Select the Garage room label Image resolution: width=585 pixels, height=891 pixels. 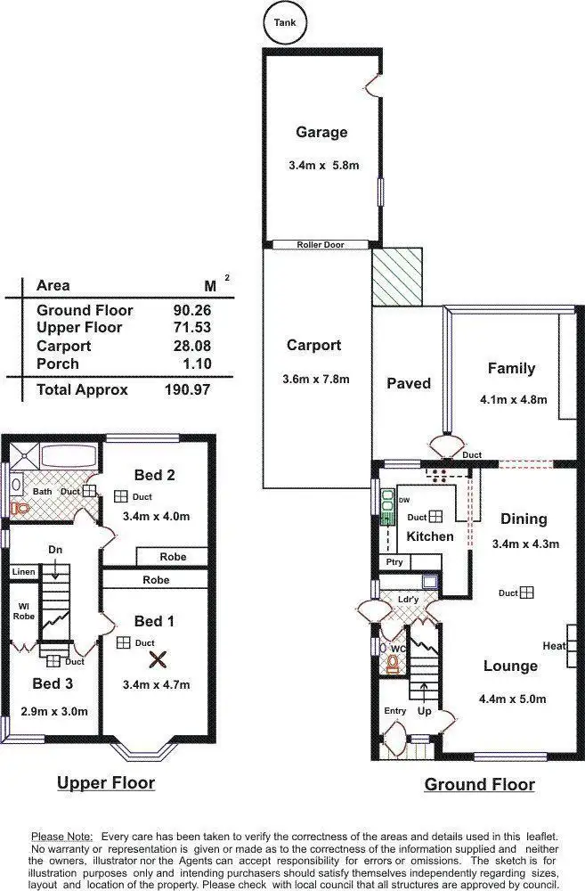pos(321,133)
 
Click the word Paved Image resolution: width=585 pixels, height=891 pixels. pos(409,383)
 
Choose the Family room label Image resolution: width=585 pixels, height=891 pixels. pos(511,368)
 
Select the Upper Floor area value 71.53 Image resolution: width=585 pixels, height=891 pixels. pos(191,328)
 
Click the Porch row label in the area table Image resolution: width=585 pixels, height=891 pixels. pos(57,364)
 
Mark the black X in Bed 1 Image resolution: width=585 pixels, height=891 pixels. pos(158,659)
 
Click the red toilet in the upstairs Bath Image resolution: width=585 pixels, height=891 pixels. pos(20,508)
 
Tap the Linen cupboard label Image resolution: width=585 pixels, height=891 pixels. pos(23,571)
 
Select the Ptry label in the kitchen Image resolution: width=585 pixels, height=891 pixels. pos(394,562)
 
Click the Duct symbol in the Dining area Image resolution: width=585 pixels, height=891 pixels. pos(527,593)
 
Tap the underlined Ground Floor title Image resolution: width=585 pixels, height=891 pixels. pos(479,785)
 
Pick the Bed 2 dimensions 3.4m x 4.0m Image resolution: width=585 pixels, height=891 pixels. pos(156,516)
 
